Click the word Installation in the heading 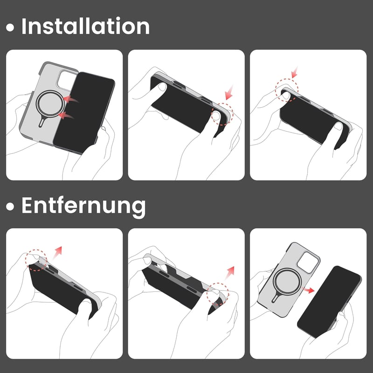point(85,26)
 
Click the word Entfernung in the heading point(83,206)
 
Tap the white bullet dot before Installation point(10,28)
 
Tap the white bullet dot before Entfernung point(10,207)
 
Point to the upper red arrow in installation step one point(71,99)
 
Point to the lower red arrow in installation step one point(66,116)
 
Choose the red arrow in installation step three point(295,72)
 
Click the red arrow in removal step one point(57,253)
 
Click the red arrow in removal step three point(308,290)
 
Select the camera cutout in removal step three point(308,262)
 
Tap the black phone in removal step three point(330,301)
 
